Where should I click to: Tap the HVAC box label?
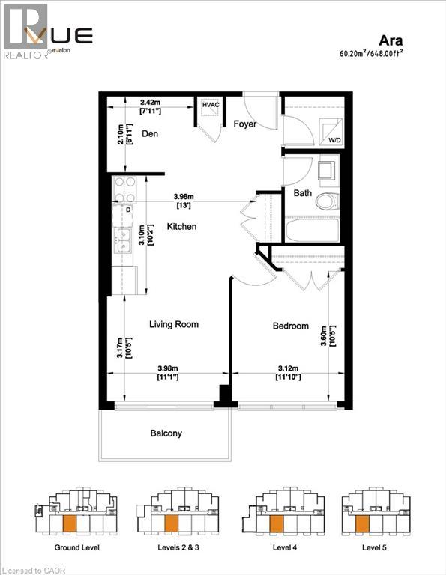click(209, 106)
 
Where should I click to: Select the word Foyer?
click(245, 124)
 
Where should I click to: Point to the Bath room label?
click(303, 192)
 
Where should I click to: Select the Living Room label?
click(174, 324)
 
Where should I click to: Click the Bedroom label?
click(290, 326)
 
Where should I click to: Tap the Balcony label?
click(165, 433)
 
